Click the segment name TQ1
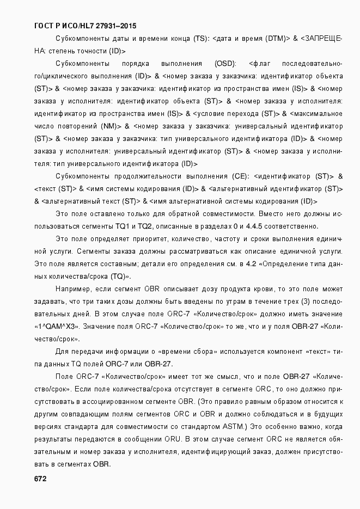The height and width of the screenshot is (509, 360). click(122, 226)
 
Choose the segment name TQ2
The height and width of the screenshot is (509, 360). click(145, 226)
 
